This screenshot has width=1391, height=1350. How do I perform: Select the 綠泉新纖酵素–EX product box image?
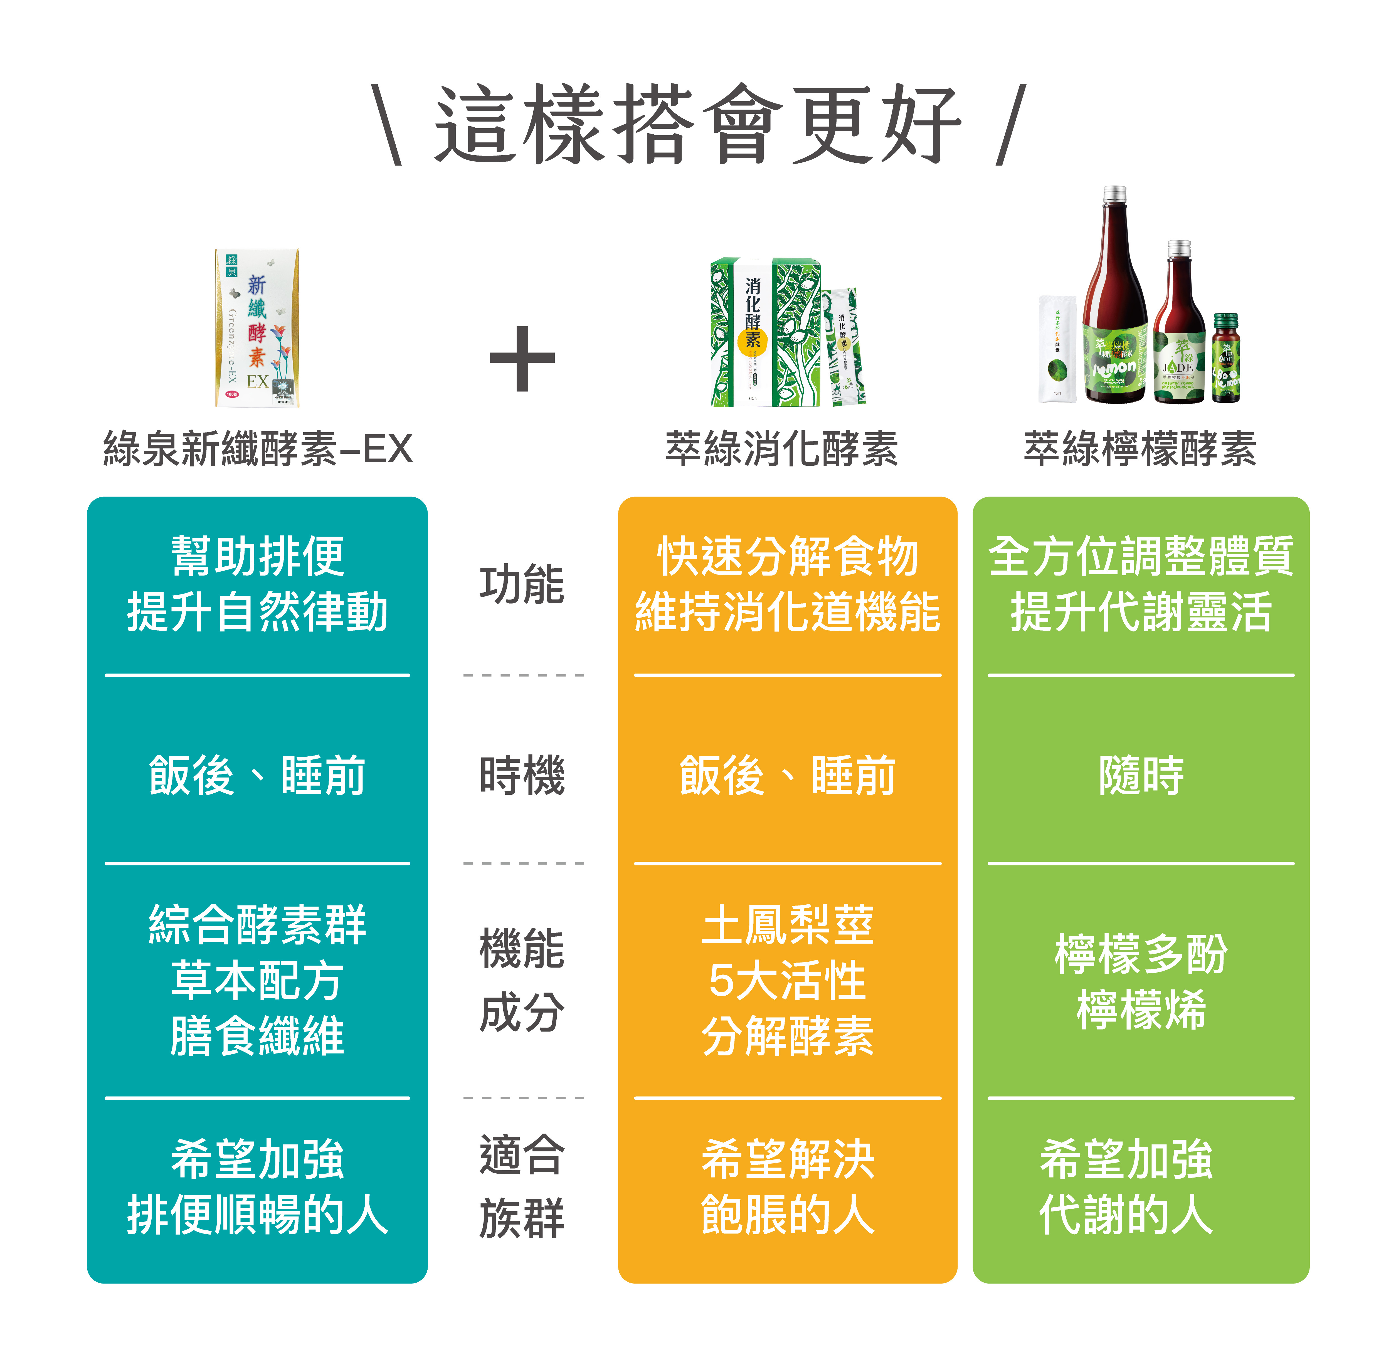click(257, 328)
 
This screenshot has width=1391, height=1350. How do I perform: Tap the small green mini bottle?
click(1226, 359)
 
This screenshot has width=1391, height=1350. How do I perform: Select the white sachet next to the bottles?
click(1057, 349)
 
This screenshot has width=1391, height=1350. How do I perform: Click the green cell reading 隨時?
click(1140, 775)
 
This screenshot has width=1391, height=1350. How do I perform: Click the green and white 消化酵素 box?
click(766, 332)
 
